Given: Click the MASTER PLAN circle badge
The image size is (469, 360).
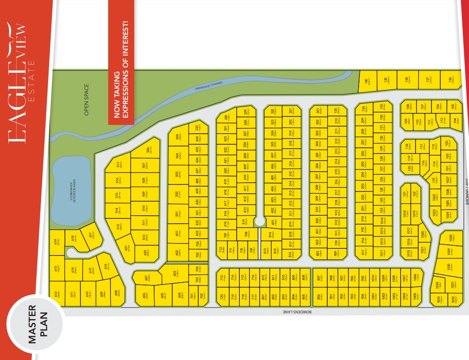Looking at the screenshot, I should coord(35,324).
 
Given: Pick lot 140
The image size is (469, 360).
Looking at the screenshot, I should coord(366,81).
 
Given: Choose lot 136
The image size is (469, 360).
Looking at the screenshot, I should coord(450,79).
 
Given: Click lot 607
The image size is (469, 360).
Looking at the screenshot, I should coord(146,277).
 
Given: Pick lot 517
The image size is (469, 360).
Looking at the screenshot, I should coord(118,165).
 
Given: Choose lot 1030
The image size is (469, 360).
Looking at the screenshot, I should coord(448,267).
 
